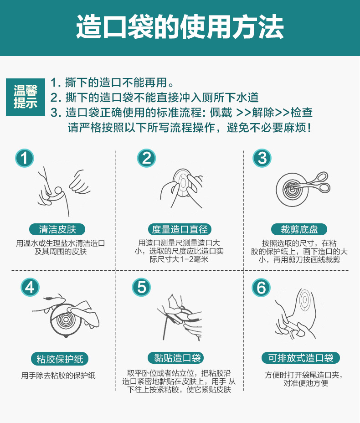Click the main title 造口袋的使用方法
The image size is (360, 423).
(180, 27)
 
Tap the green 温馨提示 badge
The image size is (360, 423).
(25, 97)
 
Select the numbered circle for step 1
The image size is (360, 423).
(25, 158)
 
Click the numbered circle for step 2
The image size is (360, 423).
(146, 158)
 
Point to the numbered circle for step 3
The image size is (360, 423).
(262, 158)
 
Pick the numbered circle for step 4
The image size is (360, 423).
(30, 287)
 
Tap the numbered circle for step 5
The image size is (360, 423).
(141, 287)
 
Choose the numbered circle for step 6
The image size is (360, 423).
(261, 287)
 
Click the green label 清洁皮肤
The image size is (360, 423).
(57, 229)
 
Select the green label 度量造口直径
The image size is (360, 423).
(180, 229)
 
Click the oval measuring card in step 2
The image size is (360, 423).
(182, 182)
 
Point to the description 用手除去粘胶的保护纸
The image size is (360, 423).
(58, 376)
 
